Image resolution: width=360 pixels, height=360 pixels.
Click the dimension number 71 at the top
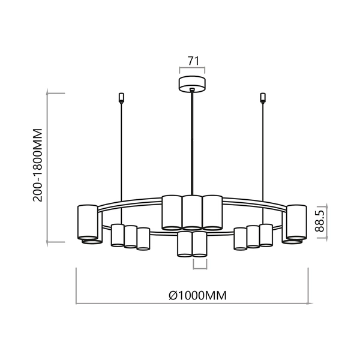pyautogui.click(x=193, y=61)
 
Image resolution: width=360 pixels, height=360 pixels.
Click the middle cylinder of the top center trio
pyautogui.click(x=191, y=212)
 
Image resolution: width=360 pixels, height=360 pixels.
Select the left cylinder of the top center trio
pyautogui.click(x=172, y=212)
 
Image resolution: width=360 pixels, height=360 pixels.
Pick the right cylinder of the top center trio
pyautogui.click(x=212, y=212)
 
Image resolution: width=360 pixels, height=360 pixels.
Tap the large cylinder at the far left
pyautogui.click(x=87, y=221)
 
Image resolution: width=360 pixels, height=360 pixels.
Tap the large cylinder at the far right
pyautogui.click(x=296, y=221)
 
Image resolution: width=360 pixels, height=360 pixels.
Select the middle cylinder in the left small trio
pyautogui.click(x=130, y=236)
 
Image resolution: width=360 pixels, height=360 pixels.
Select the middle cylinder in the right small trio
pyautogui.click(x=253, y=236)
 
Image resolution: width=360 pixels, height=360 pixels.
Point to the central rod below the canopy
pyautogui.click(x=192, y=144)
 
